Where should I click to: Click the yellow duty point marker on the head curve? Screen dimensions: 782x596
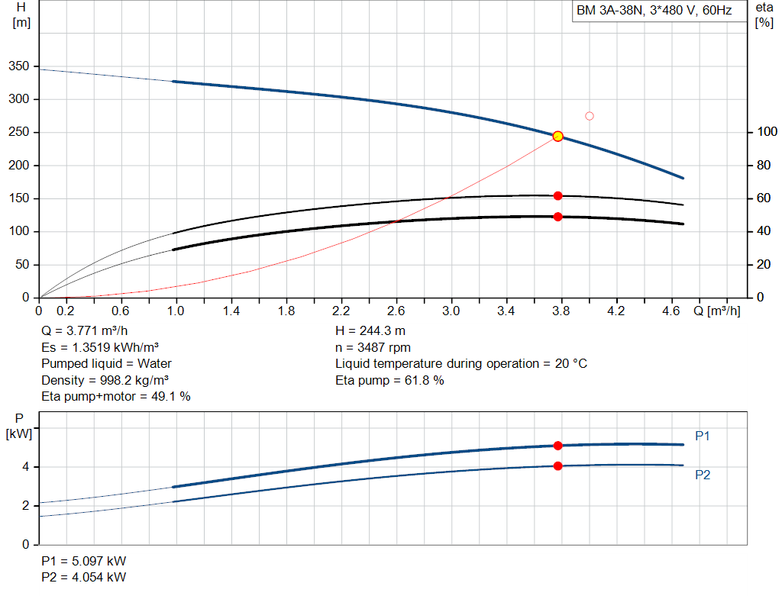[x=557, y=136]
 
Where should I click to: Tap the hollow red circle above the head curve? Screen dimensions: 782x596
[x=589, y=116]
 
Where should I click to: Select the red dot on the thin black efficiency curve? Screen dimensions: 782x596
[x=557, y=196]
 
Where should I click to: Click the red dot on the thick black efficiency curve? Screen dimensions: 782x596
[x=557, y=217]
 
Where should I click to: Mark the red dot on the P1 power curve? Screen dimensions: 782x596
[x=557, y=446]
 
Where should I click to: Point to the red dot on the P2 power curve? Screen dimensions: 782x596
[x=557, y=466]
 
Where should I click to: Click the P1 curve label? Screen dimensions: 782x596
[x=703, y=436]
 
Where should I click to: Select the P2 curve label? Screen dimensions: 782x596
[x=703, y=475]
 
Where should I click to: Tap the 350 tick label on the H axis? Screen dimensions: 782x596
[x=19, y=66]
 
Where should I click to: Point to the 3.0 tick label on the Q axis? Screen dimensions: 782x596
[x=451, y=311]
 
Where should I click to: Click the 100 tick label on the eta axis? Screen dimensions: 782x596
[x=767, y=131]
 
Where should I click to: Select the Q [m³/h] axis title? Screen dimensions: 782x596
[x=716, y=311]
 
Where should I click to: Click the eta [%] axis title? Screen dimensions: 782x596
[x=764, y=15]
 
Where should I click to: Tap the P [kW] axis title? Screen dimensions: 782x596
[x=19, y=427]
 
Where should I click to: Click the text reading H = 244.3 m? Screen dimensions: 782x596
[x=370, y=331]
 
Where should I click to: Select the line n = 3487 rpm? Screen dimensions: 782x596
[x=373, y=347]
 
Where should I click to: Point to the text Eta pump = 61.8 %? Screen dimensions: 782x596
[x=389, y=380]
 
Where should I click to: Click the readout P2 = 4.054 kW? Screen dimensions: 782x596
[x=84, y=577]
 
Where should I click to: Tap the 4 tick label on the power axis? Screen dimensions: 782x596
[x=25, y=467]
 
